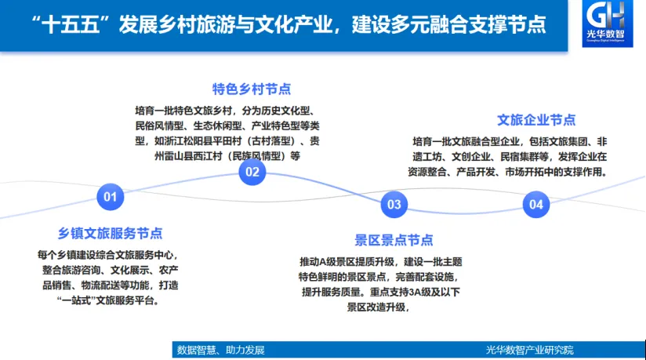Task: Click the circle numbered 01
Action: pos(110,198)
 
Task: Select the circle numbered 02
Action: pos(252,172)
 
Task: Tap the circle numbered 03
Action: pos(394,205)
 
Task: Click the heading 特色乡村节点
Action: pos(252,88)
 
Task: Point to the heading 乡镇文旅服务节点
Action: pos(111,233)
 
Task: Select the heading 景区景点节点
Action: pos(394,240)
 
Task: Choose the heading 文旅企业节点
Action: pos(536,120)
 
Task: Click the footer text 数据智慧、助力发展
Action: pos(220,350)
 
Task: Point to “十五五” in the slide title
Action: pos(75,24)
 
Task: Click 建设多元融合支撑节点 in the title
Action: pos(454,24)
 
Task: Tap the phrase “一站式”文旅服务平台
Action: pos(109,301)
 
